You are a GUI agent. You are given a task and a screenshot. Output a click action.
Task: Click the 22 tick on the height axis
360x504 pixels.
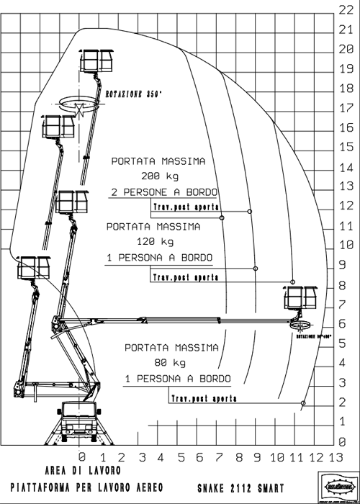(x=344, y=9)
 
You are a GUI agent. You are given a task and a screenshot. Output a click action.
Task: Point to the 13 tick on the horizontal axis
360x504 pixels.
(x=335, y=456)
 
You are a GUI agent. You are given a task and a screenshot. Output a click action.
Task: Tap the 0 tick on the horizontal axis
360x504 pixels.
(x=82, y=456)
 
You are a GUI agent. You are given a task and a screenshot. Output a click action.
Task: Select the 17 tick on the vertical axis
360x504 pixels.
(x=344, y=107)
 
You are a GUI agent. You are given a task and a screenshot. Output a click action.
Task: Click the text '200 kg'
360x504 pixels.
(x=158, y=176)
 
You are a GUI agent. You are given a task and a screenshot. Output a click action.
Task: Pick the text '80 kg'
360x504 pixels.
(x=171, y=361)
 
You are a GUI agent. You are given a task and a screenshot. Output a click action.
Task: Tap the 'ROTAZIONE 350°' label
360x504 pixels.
(x=134, y=94)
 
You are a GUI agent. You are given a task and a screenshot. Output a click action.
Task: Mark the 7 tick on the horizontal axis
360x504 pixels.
(x=219, y=456)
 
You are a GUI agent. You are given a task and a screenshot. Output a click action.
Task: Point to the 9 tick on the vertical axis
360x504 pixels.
(x=344, y=264)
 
